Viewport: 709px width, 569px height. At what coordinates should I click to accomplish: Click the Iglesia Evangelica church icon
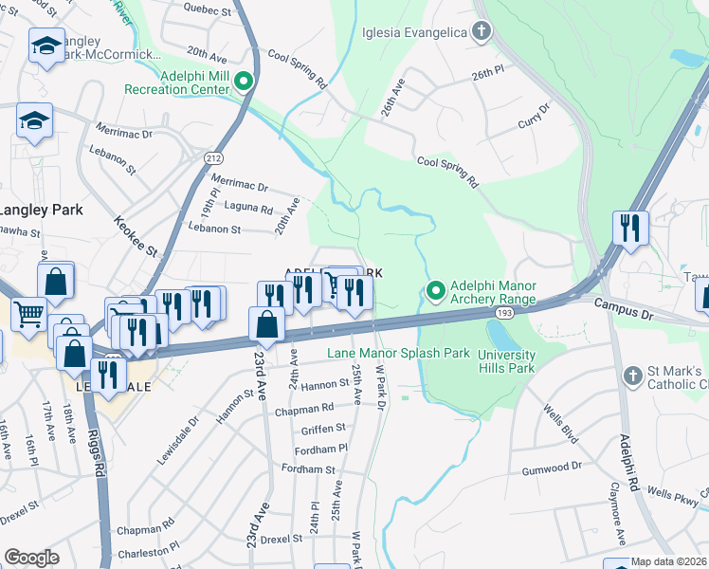tap(482, 33)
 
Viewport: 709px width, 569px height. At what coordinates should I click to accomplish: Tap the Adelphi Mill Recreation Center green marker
tap(244, 82)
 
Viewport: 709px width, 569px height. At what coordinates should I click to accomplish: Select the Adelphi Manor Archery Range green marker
tap(436, 290)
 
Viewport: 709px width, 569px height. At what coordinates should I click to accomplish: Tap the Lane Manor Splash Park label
tap(398, 353)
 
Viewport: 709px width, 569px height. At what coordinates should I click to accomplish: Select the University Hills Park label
tap(506, 361)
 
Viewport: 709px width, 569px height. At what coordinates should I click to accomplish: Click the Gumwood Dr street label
tap(551, 467)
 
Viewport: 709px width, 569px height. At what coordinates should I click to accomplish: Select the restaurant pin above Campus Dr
tap(630, 229)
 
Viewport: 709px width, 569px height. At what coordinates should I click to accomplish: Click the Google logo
tap(31, 558)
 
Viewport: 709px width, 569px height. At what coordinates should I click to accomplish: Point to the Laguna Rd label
tap(248, 208)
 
